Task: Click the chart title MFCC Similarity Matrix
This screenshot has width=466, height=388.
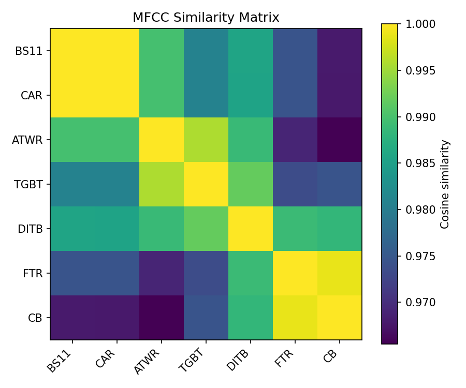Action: point(206,18)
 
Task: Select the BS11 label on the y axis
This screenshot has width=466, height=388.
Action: point(33,51)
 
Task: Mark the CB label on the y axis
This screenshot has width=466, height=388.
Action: point(36,318)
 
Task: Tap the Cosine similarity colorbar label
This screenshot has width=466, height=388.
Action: point(445,184)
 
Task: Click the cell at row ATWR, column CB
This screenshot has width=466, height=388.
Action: point(339,140)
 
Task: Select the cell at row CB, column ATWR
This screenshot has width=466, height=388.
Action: point(161,318)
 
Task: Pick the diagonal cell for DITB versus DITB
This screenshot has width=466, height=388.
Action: point(250,229)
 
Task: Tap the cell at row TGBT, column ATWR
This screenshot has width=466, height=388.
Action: point(161,184)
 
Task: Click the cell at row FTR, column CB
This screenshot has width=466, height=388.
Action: point(339,273)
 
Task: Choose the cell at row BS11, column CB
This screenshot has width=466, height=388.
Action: point(339,51)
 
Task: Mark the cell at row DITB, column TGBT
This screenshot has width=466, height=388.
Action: point(206,229)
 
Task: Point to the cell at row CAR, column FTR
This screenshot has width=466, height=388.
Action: point(295,95)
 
